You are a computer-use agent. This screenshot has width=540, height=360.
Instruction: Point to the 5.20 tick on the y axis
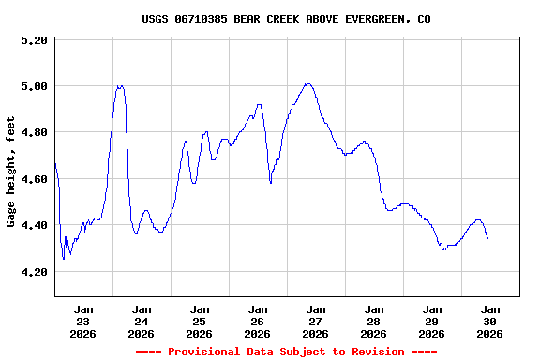[x=33, y=41]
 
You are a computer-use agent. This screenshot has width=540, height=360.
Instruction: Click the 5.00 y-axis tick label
[x=33, y=87]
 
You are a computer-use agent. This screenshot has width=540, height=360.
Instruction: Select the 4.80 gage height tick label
[x=33, y=133]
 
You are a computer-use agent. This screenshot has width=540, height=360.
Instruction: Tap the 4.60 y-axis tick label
[x=33, y=179]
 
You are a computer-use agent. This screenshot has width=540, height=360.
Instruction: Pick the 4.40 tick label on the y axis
[x=33, y=226]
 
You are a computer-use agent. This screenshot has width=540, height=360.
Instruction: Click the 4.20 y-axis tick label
[x=33, y=272]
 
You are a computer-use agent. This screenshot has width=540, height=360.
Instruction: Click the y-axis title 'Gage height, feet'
[x=11, y=172]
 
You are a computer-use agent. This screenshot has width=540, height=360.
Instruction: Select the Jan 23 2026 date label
[x=83, y=321]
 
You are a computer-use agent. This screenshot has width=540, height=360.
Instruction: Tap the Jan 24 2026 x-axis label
[x=142, y=321]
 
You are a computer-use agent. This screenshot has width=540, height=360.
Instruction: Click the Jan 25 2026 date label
[x=200, y=321]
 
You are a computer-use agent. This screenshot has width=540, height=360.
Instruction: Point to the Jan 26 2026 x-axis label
[x=258, y=321]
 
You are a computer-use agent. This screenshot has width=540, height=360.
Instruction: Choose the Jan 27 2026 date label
[x=316, y=321]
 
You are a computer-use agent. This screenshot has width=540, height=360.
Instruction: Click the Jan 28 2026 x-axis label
[x=374, y=321]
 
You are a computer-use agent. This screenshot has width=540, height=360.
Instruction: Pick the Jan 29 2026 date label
[x=432, y=321]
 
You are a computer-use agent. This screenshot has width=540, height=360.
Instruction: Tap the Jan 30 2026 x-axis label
[x=489, y=321]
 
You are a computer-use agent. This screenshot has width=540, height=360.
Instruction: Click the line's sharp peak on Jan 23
[x=119, y=86]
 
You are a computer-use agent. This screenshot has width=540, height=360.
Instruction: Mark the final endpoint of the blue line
[x=487, y=238]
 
